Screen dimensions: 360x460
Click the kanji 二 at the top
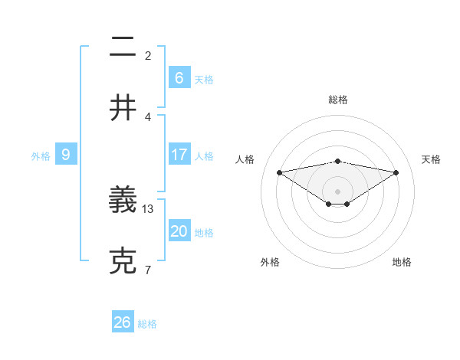click(x=123, y=47)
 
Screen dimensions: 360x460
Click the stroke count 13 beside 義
click(x=149, y=208)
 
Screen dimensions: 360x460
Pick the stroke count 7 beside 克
click(x=148, y=269)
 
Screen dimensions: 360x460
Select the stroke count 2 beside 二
click(x=148, y=55)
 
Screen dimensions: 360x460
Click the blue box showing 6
click(x=179, y=77)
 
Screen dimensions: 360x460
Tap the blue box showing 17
click(x=179, y=155)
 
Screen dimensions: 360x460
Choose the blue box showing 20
click(x=179, y=231)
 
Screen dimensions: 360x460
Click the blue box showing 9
click(x=66, y=155)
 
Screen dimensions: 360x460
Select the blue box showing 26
click(x=123, y=322)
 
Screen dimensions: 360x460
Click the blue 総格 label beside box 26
click(x=147, y=324)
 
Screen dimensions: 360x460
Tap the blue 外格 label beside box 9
click(x=41, y=156)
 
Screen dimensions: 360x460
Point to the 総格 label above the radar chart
click(x=338, y=100)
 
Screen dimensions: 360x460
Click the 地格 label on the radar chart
click(x=402, y=262)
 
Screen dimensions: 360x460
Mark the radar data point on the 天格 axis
click(x=396, y=172)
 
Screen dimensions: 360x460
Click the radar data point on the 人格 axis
click(x=279, y=172)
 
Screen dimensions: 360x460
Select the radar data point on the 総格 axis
click(x=338, y=161)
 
